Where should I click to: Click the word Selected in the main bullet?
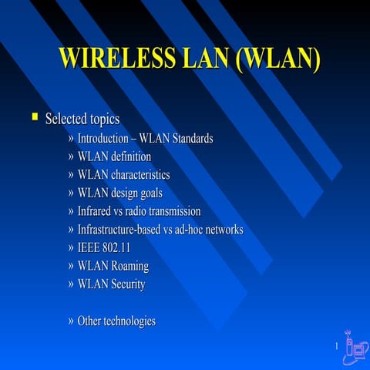tap(66, 119)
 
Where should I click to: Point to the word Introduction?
tap(105, 139)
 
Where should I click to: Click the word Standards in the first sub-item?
tap(190, 139)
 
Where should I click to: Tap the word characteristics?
tap(140, 175)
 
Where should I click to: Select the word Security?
tap(128, 284)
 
